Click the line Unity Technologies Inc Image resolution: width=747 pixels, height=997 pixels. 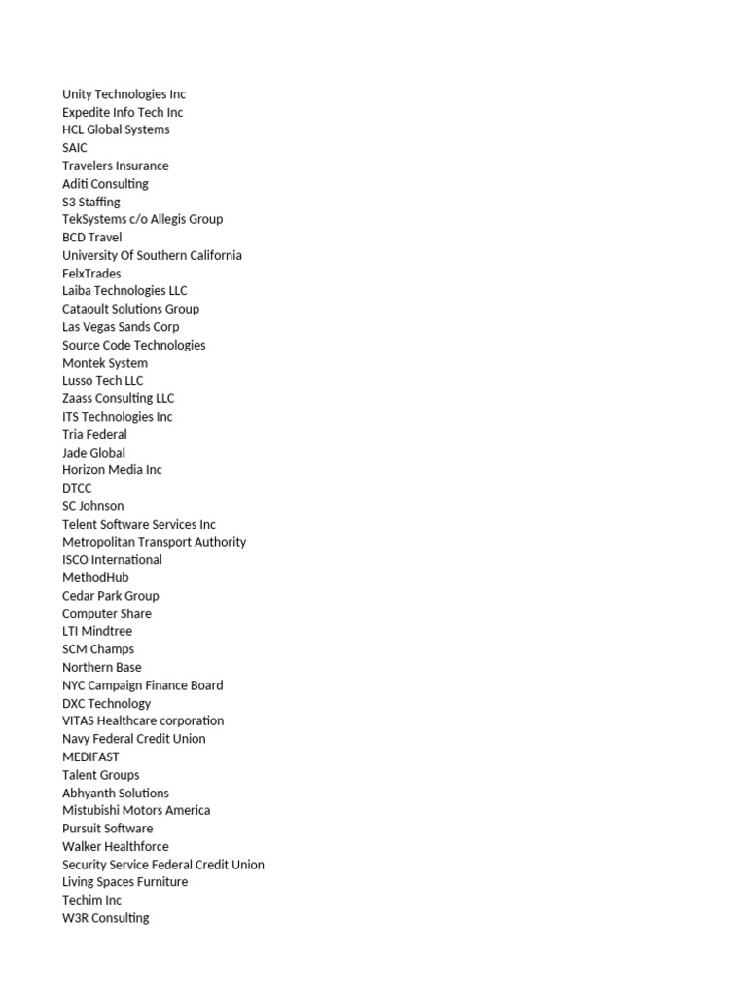pyautogui.click(x=124, y=94)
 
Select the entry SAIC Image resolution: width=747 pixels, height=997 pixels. pyautogui.click(x=75, y=148)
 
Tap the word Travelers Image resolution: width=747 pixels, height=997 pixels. pyautogui.click(x=89, y=166)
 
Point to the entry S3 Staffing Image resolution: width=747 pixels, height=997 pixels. pyautogui.click(x=91, y=202)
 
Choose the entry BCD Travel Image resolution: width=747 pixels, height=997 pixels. pyautogui.click(x=92, y=238)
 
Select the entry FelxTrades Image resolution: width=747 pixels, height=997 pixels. pyautogui.click(x=91, y=274)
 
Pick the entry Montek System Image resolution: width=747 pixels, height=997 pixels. pyautogui.click(x=105, y=363)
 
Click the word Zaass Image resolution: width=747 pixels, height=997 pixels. pyautogui.click(x=80, y=398)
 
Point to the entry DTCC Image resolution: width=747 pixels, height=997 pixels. pyautogui.click(x=77, y=488)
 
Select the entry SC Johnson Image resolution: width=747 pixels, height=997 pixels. pyautogui.click(x=93, y=506)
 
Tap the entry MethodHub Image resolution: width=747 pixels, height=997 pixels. pyautogui.click(x=95, y=577)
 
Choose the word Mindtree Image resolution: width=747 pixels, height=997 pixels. pyautogui.click(x=107, y=631)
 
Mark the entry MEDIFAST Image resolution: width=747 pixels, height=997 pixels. pyautogui.click(x=90, y=757)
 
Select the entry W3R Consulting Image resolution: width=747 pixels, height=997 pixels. pyautogui.click(x=106, y=918)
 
